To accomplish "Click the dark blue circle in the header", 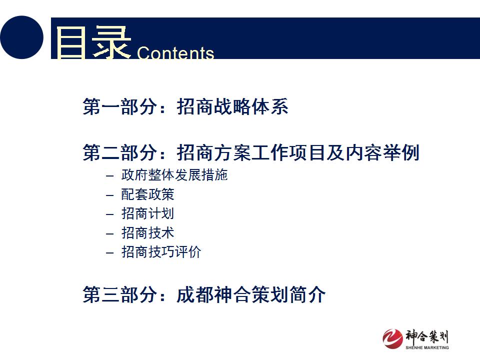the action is click(x=21, y=37).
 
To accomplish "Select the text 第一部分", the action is click(x=119, y=106).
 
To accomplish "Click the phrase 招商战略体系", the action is click(x=232, y=106).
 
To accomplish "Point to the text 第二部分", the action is click(x=119, y=152).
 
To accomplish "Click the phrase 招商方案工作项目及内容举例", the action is click(x=298, y=152).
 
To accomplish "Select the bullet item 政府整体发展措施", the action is click(x=174, y=175).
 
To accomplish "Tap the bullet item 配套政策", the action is click(x=148, y=194).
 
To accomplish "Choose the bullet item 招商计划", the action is click(x=148, y=213).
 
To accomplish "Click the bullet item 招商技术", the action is click(x=148, y=233).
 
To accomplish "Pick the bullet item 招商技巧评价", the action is click(x=161, y=252).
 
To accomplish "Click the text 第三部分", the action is click(x=119, y=294).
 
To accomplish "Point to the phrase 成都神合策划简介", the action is click(x=251, y=294).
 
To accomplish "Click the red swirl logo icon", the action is click(x=393, y=339).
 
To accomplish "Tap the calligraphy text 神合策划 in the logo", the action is click(x=427, y=336).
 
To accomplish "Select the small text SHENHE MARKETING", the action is click(x=427, y=347).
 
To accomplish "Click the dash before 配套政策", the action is click(x=110, y=195).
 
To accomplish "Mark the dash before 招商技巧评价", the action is click(x=110, y=253).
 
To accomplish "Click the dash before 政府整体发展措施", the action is click(x=110, y=176).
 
